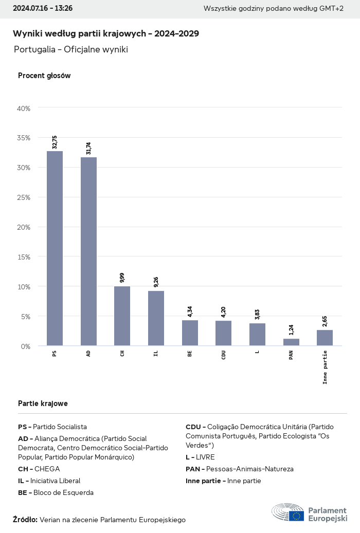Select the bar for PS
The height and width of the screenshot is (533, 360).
(x=55, y=248)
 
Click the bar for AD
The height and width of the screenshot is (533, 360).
(x=88, y=251)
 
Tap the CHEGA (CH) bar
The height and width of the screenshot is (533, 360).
(x=122, y=316)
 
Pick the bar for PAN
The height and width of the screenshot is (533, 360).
(x=291, y=342)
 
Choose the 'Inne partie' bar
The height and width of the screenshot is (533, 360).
(x=325, y=338)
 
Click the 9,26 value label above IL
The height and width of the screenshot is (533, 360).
(x=156, y=282)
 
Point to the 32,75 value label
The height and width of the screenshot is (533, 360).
(x=55, y=142)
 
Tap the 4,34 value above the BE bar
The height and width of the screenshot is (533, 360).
(x=190, y=311)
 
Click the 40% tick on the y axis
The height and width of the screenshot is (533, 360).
(x=24, y=108)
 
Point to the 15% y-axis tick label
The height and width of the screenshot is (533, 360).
(x=24, y=256)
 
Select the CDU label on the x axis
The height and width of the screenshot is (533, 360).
(x=224, y=355)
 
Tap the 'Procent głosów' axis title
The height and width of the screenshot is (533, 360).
(x=44, y=76)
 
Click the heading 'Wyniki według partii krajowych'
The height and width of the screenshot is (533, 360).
(x=106, y=33)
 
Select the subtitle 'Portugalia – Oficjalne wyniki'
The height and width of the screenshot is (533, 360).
(x=71, y=49)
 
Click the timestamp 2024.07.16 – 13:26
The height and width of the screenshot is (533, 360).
(x=43, y=8)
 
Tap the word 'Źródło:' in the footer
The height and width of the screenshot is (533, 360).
(x=25, y=520)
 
